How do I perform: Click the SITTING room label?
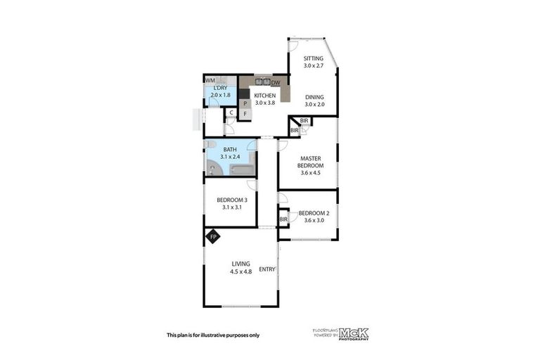[x=313, y=58]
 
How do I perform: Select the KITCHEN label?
[x=264, y=96]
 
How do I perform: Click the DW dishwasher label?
[x=276, y=84]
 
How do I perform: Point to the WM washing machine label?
[x=210, y=81]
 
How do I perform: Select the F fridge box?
[x=245, y=112]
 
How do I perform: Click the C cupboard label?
[x=231, y=112]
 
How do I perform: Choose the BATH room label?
[x=230, y=149]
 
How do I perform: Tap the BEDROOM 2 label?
[x=314, y=213]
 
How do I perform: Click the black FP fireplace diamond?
[x=213, y=237]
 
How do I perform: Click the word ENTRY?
[x=267, y=269]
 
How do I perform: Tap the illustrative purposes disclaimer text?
[x=213, y=335]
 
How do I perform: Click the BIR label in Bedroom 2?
[x=283, y=220]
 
